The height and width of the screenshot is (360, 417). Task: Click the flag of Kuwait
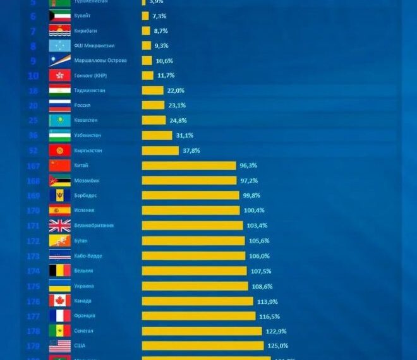(60, 16)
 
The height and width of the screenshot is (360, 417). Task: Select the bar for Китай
(189, 165)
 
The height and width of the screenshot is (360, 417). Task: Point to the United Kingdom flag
(60, 225)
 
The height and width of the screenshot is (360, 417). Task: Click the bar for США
(202, 345)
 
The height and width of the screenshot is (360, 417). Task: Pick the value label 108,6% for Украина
(262, 286)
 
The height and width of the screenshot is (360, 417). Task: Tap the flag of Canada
(60, 301)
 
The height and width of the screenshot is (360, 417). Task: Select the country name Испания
(85, 210)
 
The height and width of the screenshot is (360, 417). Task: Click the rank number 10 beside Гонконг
(33, 76)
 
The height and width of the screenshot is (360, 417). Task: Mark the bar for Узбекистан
(157, 135)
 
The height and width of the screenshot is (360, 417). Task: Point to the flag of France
(60, 316)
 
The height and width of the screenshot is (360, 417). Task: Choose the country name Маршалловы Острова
(100, 61)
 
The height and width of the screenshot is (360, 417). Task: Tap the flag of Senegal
(60, 331)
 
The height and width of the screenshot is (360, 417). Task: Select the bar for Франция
(198, 316)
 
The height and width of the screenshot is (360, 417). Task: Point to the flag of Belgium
(60, 271)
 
